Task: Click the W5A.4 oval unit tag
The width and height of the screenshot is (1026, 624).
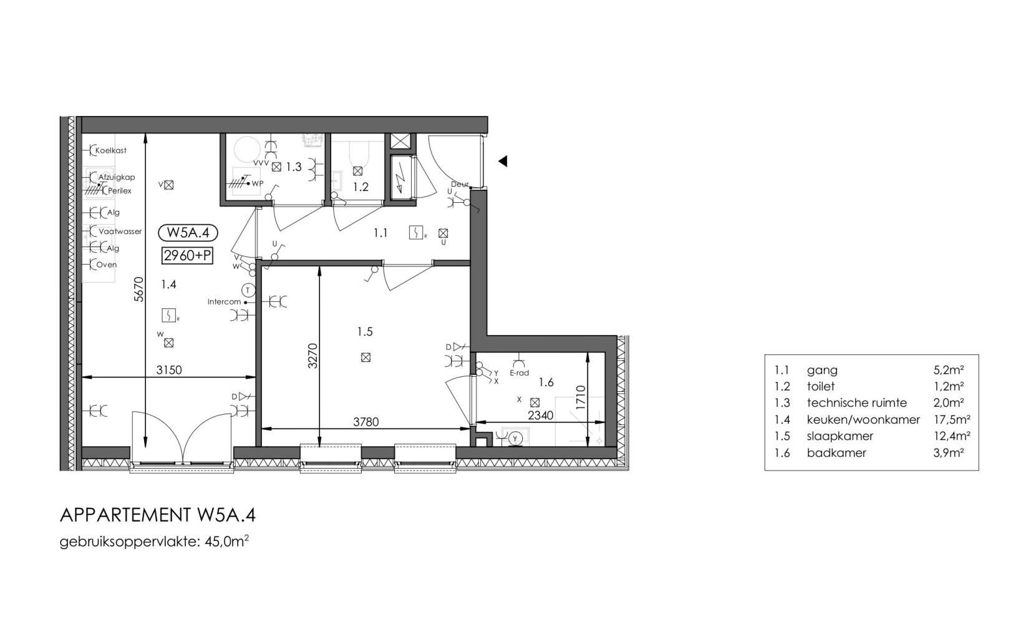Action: point(188,233)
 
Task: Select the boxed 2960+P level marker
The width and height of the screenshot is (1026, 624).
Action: point(188,255)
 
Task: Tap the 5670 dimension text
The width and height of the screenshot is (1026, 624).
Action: point(139,289)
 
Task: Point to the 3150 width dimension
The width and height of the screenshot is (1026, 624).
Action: point(169,370)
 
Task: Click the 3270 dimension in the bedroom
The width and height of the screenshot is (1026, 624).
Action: point(312,356)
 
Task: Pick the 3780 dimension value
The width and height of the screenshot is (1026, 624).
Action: point(366,421)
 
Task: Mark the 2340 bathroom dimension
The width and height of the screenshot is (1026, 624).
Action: point(541,416)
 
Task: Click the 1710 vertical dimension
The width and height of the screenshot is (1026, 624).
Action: point(581,397)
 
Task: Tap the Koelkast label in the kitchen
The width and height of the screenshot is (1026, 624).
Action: point(111,150)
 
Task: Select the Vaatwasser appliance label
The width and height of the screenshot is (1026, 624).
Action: point(120,232)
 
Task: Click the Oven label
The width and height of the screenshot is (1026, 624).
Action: point(106,265)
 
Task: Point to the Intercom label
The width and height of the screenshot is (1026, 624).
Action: point(224,301)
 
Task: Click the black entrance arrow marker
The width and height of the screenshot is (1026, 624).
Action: point(503,161)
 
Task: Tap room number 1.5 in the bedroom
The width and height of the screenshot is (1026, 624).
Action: point(365,331)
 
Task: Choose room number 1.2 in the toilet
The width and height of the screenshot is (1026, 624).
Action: point(361,187)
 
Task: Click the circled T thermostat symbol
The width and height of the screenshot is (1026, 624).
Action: point(248,290)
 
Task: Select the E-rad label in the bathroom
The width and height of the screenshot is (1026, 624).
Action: point(520,373)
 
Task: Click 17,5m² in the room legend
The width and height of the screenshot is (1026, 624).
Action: point(952,419)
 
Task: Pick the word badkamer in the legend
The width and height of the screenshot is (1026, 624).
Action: point(836,452)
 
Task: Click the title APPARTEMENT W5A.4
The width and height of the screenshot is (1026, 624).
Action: point(158,515)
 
